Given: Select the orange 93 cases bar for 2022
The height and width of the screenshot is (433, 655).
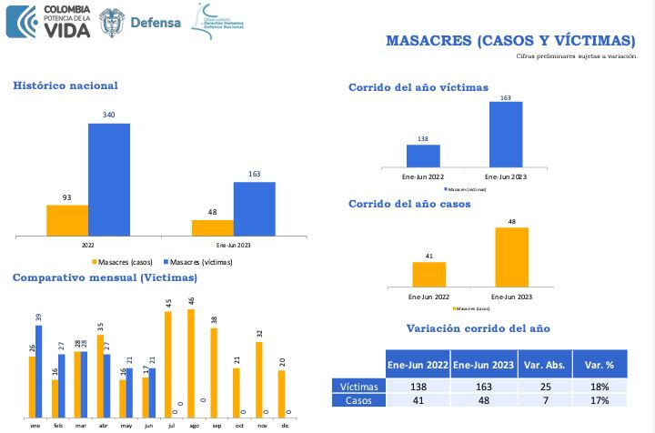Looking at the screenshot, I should coord(67,221).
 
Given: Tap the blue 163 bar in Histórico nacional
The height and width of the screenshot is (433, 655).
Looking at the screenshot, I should coord(254,209).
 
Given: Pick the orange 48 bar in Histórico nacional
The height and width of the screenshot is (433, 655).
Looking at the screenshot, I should coord(212,228).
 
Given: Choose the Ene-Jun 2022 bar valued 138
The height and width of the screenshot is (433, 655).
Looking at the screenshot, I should coord(423,156).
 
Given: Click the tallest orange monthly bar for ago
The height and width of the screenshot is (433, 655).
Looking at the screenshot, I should coord(191,360).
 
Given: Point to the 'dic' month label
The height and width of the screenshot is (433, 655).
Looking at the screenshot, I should coord(285,424).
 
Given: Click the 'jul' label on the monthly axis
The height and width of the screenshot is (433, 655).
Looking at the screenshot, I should coord(171,424).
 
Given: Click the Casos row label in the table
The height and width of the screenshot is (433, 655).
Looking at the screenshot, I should coord(358,400).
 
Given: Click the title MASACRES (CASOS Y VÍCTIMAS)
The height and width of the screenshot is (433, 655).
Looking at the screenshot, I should coord(510,40).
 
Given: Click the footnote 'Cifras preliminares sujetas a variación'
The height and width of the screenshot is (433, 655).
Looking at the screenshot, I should coord(577,56).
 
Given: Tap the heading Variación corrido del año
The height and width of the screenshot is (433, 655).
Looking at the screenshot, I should coord(478,328).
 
